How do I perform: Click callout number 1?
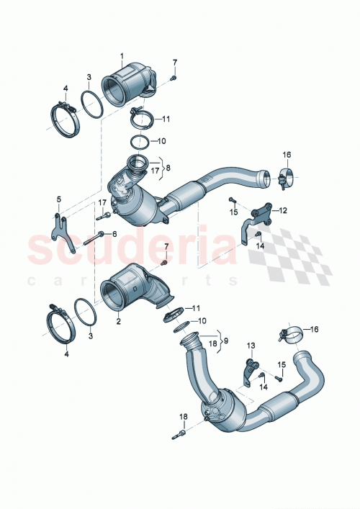point(122,55)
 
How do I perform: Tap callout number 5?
point(59,199)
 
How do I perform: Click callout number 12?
point(283,210)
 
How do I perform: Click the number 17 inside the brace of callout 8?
point(153,171)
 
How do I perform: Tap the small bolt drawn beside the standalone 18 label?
point(179,433)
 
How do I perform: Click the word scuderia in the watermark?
point(130,248)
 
